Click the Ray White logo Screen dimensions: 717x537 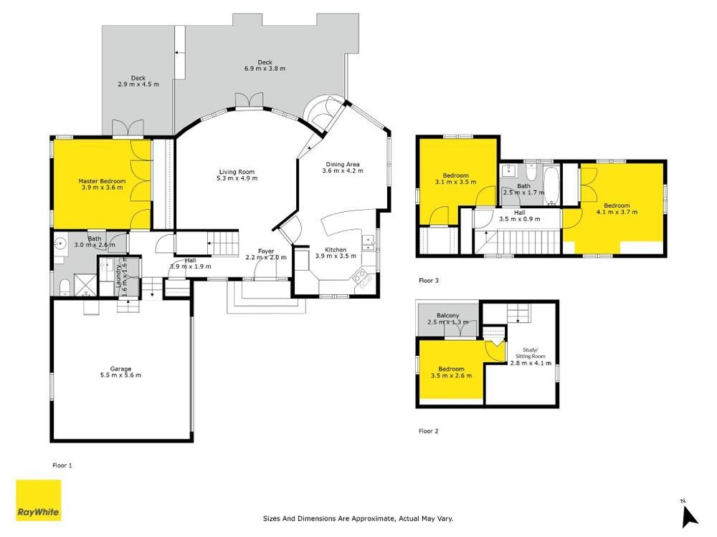click(x=39, y=500)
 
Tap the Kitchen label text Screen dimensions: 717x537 click(x=336, y=250)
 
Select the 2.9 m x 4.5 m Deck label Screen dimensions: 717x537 click(x=138, y=81)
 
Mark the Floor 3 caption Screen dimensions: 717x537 click(x=429, y=281)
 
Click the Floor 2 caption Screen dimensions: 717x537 click(x=429, y=430)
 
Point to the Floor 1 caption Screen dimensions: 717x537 click(x=62, y=465)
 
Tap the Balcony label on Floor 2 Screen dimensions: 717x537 click(x=447, y=316)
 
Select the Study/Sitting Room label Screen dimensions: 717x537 click(x=531, y=353)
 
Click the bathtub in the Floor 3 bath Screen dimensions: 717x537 click(x=552, y=186)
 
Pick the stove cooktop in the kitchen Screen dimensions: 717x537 click(x=361, y=278)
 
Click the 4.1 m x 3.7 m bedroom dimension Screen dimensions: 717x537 click(x=617, y=212)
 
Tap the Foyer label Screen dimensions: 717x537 click(x=266, y=251)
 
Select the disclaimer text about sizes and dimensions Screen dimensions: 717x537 click(x=358, y=518)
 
